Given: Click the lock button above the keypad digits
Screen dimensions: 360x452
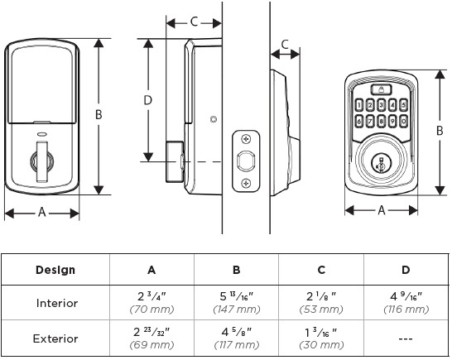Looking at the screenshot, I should coord(382,89).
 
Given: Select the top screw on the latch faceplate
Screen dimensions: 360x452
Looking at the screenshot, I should coord(246,137).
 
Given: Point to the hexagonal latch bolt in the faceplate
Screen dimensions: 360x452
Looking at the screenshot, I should coord(246,159).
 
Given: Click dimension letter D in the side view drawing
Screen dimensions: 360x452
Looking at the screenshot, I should coord(148,100).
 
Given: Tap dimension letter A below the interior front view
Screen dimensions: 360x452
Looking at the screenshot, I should coord(42,213).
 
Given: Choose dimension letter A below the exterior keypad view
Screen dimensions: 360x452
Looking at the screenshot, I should coord(382,210).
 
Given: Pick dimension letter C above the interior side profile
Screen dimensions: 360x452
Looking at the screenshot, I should coord(194,22).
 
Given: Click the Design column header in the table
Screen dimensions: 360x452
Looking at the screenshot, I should coord(55,270).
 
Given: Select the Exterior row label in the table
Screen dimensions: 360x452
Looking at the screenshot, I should coord(55,338).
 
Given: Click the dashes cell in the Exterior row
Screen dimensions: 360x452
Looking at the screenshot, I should coord(405,338).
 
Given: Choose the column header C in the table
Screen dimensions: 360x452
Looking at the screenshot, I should coord(320,270).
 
